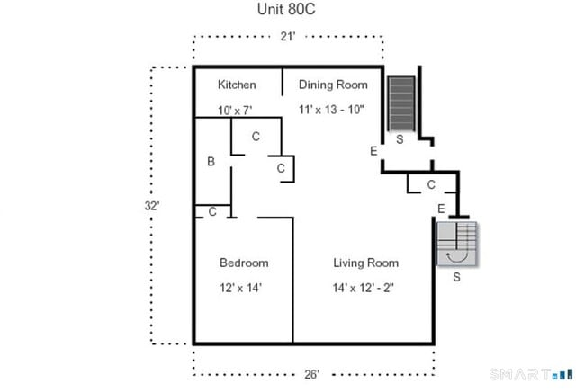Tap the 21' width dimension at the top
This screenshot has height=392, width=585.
point(289,37)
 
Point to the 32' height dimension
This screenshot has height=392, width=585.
point(152,205)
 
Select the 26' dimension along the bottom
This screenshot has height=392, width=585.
point(311,373)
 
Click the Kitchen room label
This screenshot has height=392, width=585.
point(237,85)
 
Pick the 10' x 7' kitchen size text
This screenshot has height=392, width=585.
point(235,110)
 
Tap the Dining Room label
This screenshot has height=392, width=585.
point(333,85)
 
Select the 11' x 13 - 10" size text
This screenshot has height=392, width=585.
point(334,110)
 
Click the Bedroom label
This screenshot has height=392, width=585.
point(244,263)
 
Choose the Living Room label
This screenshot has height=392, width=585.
point(365,263)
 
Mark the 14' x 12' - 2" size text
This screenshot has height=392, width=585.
point(364,288)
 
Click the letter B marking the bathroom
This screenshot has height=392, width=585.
point(211,162)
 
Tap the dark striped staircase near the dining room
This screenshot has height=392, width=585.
point(400,104)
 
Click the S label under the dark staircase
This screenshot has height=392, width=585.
point(400,140)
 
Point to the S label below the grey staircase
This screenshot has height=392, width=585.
point(456,277)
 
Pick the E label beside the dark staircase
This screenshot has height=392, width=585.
point(373,151)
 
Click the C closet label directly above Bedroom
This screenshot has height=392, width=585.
point(212,212)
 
